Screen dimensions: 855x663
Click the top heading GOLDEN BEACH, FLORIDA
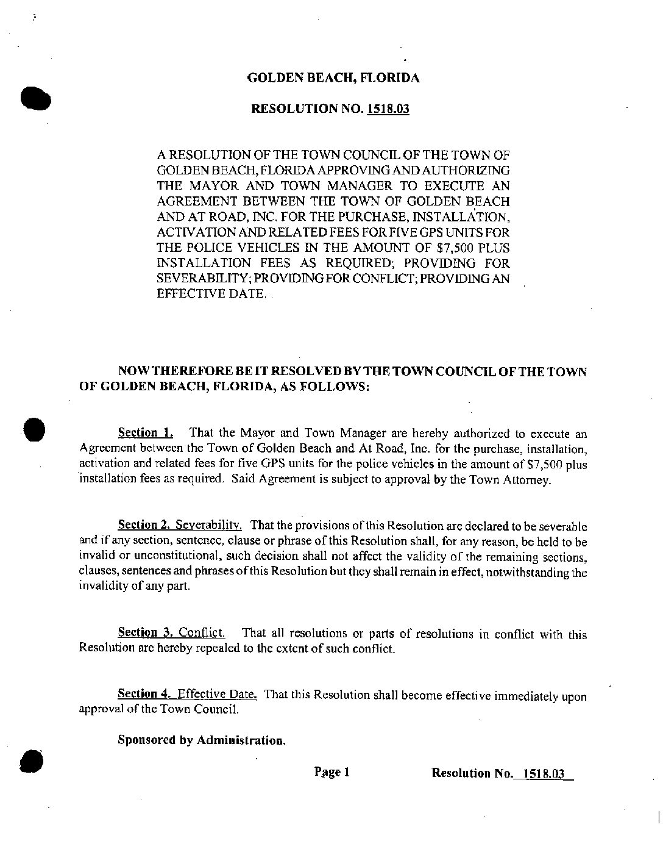coord(333,78)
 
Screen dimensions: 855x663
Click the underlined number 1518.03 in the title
coord(388,109)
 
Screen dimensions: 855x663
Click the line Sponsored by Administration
coord(201,741)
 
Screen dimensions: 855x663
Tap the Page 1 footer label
coord(332,773)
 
